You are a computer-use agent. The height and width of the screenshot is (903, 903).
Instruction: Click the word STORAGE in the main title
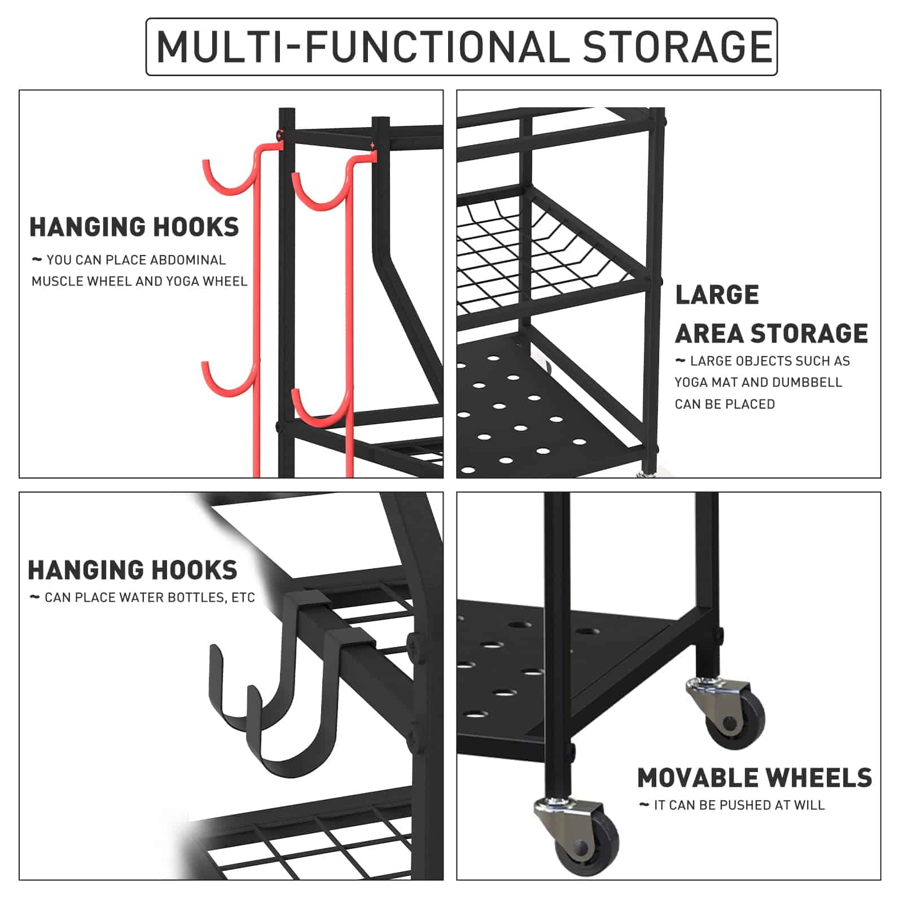(x=677, y=47)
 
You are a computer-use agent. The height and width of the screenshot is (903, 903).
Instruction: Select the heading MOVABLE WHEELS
(x=754, y=778)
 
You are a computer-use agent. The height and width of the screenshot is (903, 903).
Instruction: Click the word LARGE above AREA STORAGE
(x=717, y=295)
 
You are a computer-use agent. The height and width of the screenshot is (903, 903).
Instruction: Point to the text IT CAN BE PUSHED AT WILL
(x=739, y=805)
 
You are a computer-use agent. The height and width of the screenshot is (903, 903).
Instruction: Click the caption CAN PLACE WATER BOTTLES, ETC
(x=150, y=598)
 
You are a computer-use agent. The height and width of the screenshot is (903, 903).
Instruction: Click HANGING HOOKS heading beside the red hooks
(x=134, y=227)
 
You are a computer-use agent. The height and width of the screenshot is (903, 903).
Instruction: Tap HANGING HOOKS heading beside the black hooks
(x=133, y=570)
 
